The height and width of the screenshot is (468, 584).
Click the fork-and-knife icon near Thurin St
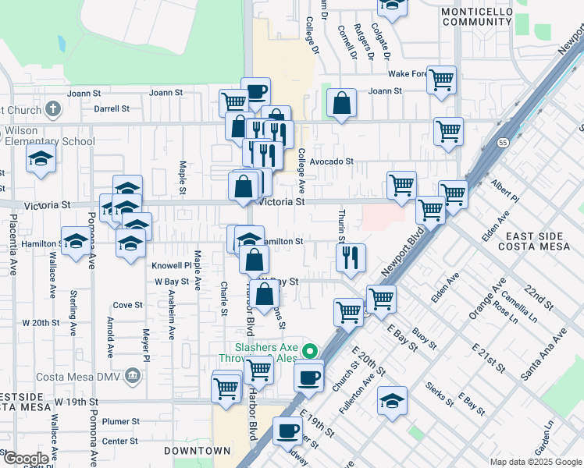pyautogui.click(x=351, y=257)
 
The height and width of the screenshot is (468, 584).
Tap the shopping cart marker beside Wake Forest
pyautogui.click(x=442, y=79)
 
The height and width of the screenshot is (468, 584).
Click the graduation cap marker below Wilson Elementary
pyautogui.click(x=41, y=160)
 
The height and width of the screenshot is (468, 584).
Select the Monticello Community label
pyautogui.click(x=475, y=17)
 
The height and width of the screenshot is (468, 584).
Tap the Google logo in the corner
pyautogui.click(x=25, y=459)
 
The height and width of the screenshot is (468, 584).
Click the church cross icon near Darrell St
pyautogui.click(x=52, y=108)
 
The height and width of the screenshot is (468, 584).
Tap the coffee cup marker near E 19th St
pyautogui.click(x=287, y=430)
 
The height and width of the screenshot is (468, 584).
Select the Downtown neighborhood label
pyautogui.click(x=198, y=451)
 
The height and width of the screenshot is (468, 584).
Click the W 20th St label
pyautogui.click(x=41, y=322)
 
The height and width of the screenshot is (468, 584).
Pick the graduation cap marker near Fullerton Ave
pyautogui.click(x=392, y=401)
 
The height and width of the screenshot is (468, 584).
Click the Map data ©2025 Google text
pyautogui.click(x=535, y=462)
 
